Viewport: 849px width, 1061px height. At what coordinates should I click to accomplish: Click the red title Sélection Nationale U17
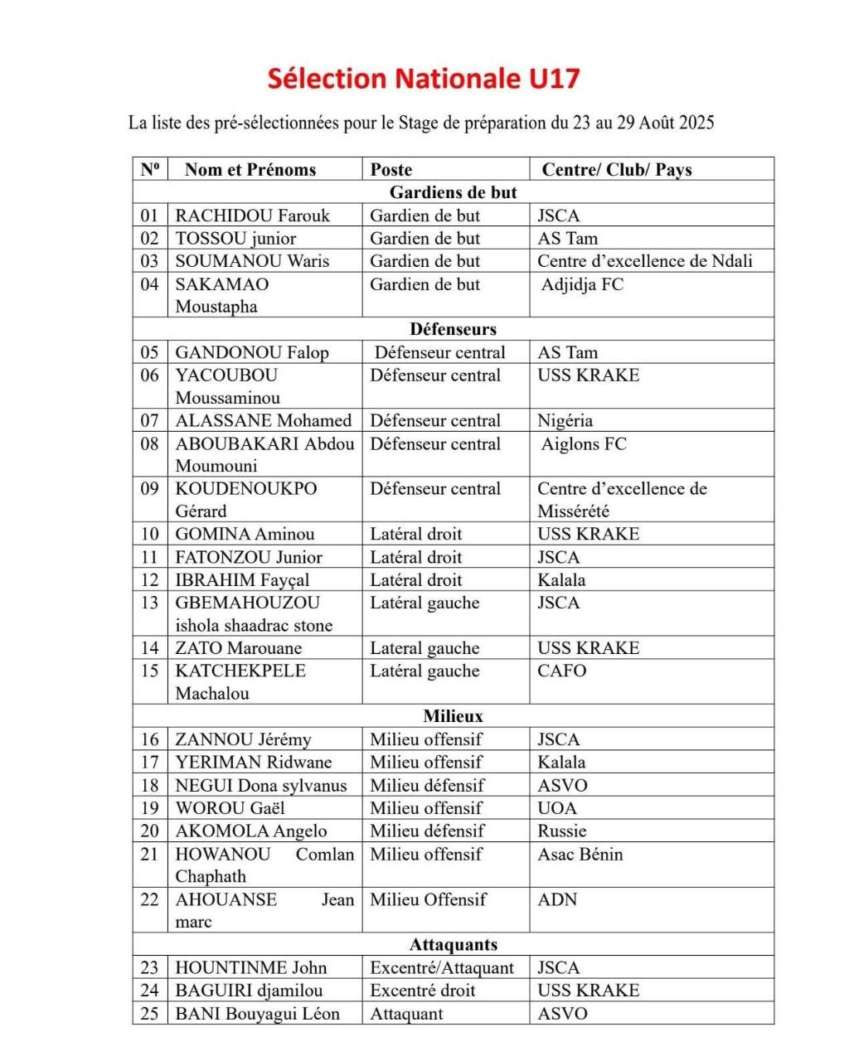[424, 79]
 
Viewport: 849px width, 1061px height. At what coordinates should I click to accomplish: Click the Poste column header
[391, 170]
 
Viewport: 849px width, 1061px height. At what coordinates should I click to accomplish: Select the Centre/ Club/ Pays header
[616, 170]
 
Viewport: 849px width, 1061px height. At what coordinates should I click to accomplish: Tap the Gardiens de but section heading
[453, 192]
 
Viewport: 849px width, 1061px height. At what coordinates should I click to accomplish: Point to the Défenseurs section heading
[453, 329]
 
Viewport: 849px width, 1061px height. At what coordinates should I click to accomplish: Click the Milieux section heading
[453, 716]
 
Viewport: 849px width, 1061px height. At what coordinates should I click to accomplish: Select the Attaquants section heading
[453, 944]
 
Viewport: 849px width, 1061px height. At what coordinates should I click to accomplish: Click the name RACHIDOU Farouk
[252, 216]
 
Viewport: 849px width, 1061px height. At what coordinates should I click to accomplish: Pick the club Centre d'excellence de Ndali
[644, 261]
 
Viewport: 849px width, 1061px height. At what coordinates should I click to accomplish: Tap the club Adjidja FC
[582, 284]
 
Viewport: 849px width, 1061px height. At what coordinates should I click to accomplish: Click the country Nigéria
[565, 420]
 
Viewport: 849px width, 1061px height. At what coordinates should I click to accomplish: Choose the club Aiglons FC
[584, 443]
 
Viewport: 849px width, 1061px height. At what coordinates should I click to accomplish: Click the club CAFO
[561, 671]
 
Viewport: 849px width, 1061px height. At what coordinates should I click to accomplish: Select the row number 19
[149, 808]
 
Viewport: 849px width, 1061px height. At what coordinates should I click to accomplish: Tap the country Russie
[561, 831]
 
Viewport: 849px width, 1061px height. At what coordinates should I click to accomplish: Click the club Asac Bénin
[580, 854]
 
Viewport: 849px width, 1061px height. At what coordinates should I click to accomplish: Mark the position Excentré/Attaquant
[441, 967]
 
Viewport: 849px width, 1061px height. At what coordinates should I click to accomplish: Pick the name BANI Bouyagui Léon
[257, 1014]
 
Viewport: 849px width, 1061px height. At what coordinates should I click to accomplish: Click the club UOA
[556, 808]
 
